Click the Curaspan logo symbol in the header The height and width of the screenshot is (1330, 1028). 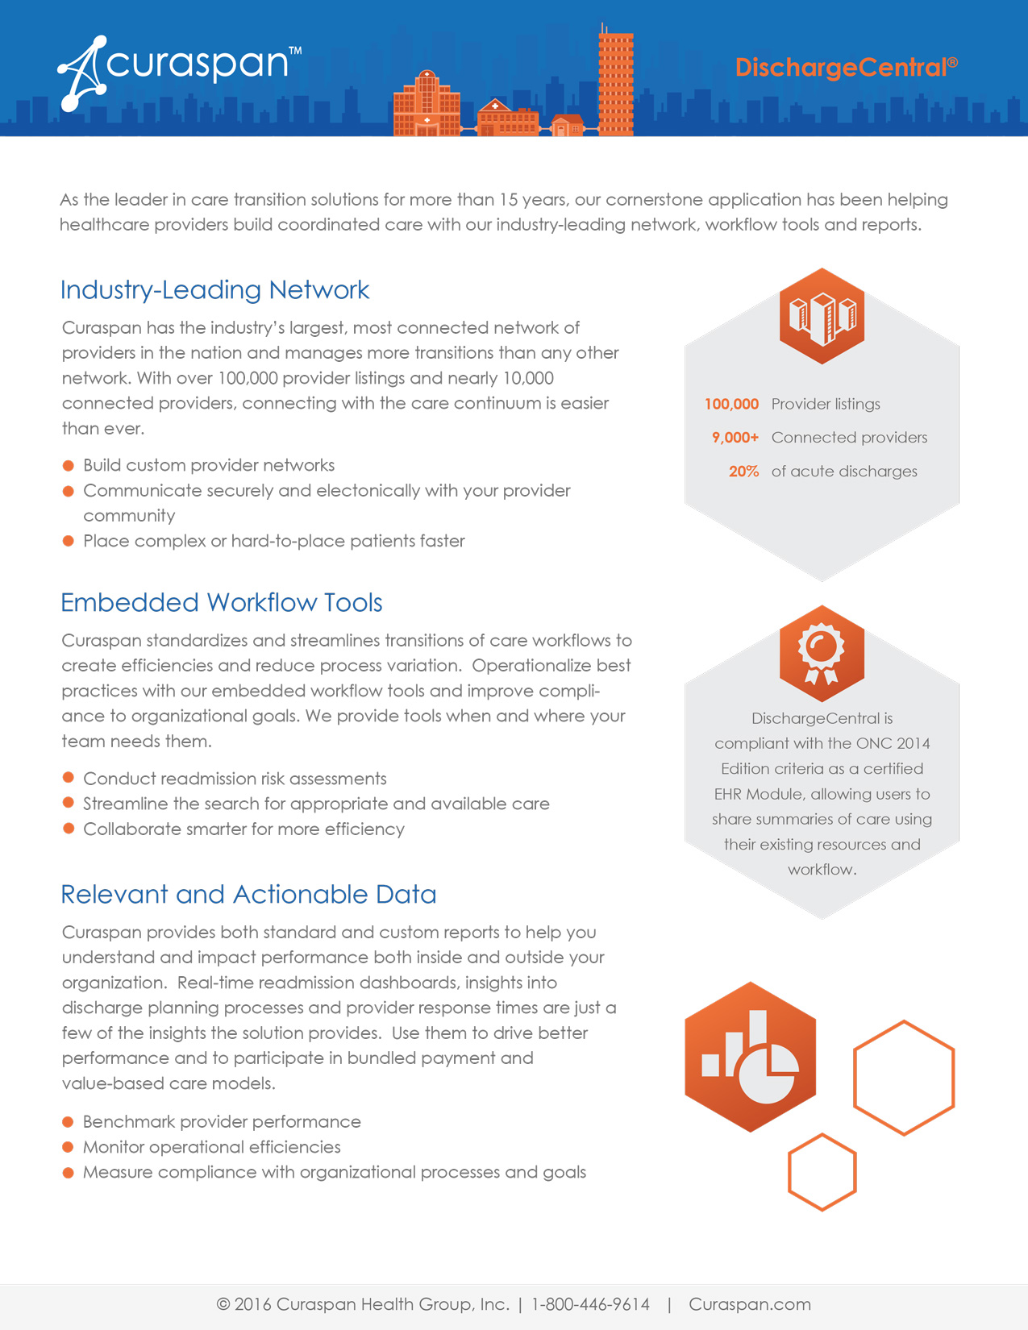pyautogui.click(x=81, y=73)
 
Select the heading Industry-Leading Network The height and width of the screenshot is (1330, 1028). pyautogui.click(x=214, y=290)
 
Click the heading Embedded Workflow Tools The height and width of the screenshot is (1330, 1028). pyautogui.click(x=221, y=603)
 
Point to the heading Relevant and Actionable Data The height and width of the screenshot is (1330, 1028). pyautogui.click(x=248, y=895)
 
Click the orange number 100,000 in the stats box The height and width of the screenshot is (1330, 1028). pyautogui.click(x=731, y=404)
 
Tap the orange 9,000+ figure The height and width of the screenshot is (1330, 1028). pyautogui.click(x=735, y=438)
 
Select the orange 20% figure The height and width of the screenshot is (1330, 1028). pyautogui.click(x=743, y=472)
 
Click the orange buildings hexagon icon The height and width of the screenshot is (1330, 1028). pyautogui.click(x=822, y=316)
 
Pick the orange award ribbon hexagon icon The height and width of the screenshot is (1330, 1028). pyautogui.click(x=822, y=654)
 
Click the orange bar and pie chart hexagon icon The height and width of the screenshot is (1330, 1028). pyautogui.click(x=750, y=1057)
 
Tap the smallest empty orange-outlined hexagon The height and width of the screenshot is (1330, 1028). pyautogui.click(x=822, y=1172)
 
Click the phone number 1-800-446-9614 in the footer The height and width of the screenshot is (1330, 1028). pyautogui.click(x=590, y=1304)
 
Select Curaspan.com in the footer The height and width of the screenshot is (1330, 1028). pyautogui.click(x=749, y=1304)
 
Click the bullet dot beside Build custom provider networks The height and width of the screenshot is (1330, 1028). pyautogui.click(x=69, y=466)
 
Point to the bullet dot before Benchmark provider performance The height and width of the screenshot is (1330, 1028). pyautogui.click(x=69, y=1122)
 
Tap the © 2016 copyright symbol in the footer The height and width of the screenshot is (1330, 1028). pyautogui.click(x=223, y=1304)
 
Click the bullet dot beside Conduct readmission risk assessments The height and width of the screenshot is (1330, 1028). pyautogui.click(x=69, y=778)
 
